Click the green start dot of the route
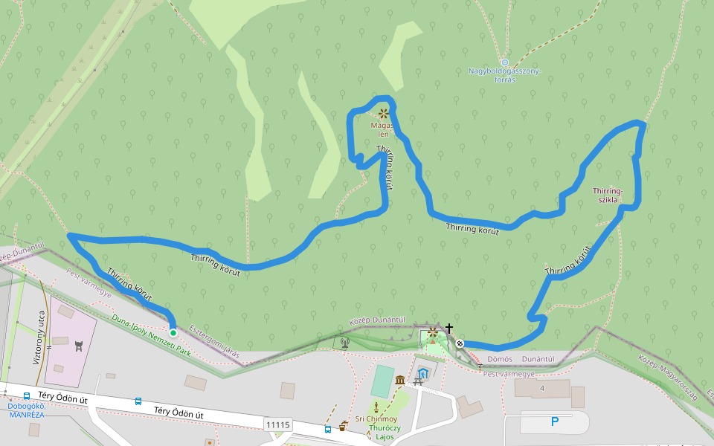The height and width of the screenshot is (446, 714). [173, 333]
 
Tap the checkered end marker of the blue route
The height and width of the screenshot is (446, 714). [460, 343]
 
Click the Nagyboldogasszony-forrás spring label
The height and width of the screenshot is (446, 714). [504, 75]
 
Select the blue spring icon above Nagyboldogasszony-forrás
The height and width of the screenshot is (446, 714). [504, 62]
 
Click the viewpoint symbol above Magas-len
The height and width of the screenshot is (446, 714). [383, 114]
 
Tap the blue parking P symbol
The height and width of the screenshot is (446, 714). [554, 421]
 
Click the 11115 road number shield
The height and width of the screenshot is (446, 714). [277, 424]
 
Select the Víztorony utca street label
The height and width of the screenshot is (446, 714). [36, 337]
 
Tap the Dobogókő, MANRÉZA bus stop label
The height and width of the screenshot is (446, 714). [27, 410]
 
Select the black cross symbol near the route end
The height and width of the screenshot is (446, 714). [449, 328]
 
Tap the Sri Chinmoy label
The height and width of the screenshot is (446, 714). [376, 418]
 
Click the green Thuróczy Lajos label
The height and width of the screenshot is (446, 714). [385, 432]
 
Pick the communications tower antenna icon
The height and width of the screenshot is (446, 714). [344, 343]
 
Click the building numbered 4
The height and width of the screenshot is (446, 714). [542, 388]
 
